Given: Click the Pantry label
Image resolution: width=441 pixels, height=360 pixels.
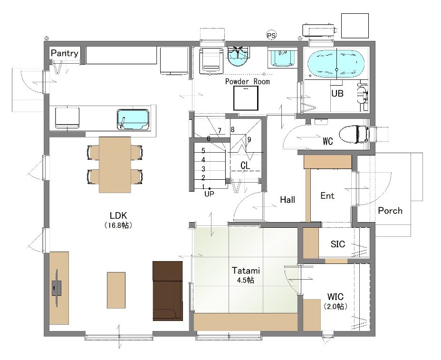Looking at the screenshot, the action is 65,53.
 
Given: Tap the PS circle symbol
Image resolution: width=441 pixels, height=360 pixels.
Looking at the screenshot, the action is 271,36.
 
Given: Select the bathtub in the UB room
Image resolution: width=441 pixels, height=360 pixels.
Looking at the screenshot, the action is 336,64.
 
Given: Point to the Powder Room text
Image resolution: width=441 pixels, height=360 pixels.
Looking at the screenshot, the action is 248,82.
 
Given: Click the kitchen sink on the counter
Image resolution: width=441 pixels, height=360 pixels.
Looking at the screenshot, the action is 133,120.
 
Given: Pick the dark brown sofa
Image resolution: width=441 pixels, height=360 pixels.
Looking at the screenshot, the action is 168,291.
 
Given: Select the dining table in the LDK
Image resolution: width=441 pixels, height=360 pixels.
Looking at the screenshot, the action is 115,165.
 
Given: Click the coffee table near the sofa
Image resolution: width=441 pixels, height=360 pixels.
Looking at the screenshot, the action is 116,290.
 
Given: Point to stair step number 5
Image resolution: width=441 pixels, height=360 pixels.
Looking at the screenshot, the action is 203,151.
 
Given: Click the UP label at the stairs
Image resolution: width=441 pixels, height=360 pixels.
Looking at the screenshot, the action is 209,194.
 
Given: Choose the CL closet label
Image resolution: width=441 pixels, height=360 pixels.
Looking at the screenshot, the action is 245,165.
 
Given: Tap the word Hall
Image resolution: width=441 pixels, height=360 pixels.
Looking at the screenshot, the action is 288,200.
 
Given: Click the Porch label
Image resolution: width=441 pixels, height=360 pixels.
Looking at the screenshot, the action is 390,211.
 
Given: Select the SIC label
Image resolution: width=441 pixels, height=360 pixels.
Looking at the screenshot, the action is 338,244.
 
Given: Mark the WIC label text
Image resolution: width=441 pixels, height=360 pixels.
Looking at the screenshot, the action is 335,296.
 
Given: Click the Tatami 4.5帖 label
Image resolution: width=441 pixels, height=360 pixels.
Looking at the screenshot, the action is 246,275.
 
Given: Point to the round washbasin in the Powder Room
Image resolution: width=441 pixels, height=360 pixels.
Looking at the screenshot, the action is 238,57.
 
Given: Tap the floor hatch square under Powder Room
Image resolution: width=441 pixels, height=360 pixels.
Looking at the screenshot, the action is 246,98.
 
